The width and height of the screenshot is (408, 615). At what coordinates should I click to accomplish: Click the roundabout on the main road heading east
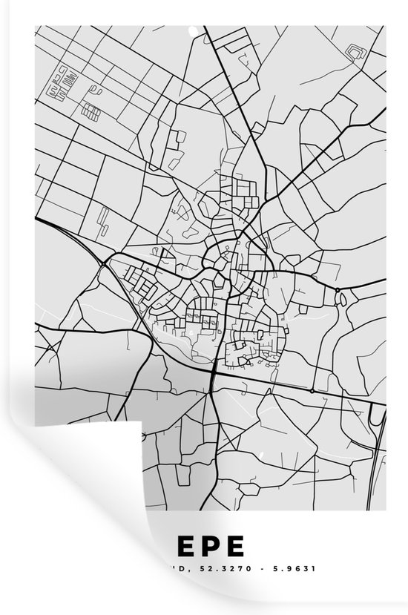tap(337, 289)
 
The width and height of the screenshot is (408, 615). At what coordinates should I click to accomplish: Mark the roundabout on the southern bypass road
tap(312, 390)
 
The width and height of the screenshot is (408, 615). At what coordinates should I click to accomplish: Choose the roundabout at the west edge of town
tap(102, 263)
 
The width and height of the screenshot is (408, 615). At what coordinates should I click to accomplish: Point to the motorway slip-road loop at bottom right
tap(380, 430)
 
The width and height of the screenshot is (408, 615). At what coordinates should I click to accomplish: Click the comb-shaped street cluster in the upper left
tap(62, 85)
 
